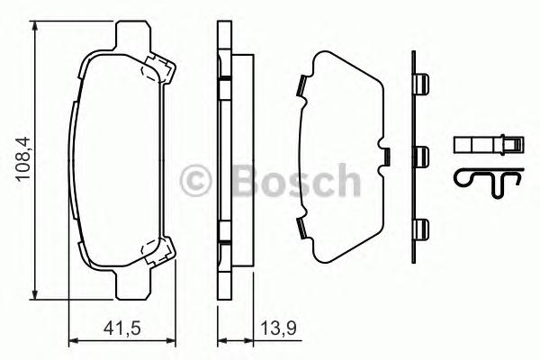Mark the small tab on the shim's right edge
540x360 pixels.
click(384, 157)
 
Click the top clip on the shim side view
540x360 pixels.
click(418, 85)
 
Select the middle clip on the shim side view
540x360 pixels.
click(420, 156)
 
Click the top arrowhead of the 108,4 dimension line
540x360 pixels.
click(34, 28)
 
